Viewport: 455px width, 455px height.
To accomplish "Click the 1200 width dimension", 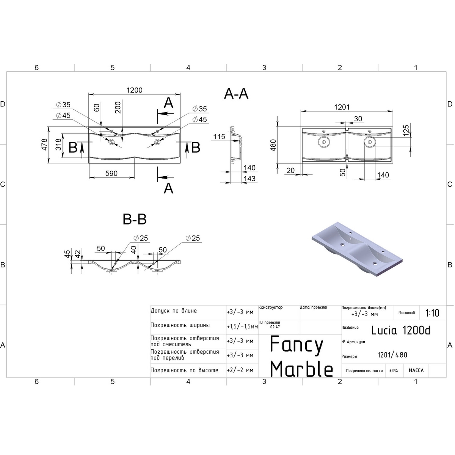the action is tap(134, 90).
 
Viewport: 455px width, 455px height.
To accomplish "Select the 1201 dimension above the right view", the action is tap(342, 107).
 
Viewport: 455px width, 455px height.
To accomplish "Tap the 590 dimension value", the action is tap(111, 174).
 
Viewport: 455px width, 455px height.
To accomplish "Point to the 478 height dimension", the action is tap(44, 144).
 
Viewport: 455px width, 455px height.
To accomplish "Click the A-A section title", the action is tap(236, 94).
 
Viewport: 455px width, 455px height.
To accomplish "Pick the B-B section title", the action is tap(135, 219).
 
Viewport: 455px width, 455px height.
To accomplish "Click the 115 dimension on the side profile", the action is tap(219, 137).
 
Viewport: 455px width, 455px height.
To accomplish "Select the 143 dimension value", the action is tap(249, 179).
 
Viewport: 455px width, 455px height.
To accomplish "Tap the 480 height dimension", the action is tap(273, 145).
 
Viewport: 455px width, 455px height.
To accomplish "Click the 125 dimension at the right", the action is tap(406, 130).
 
